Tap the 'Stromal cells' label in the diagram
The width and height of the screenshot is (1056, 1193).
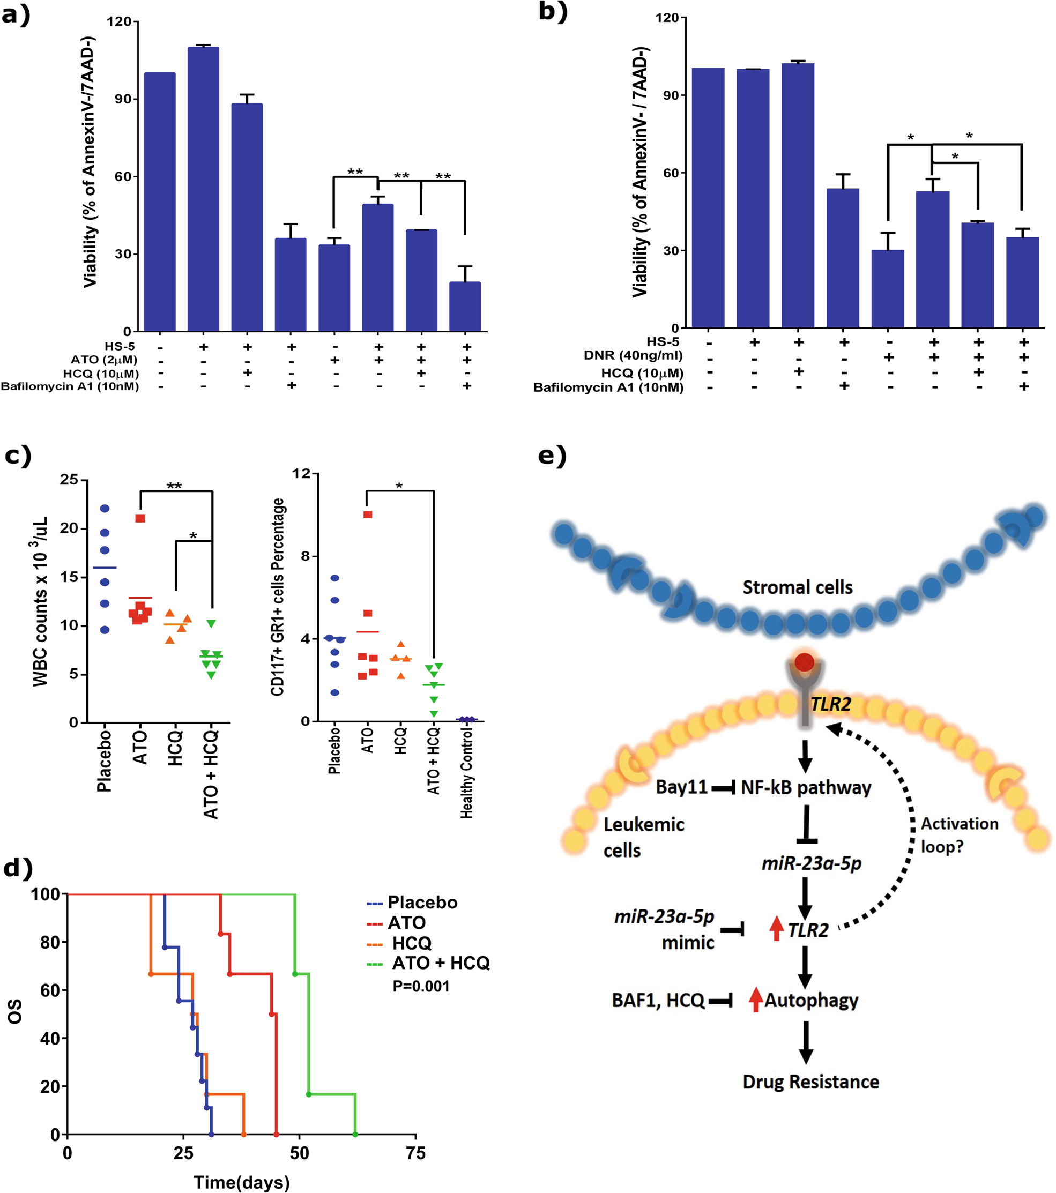(x=798, y=587)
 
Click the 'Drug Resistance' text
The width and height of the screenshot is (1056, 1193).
(x=810, y=1082)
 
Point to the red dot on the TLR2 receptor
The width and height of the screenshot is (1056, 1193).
(x=805, y=662)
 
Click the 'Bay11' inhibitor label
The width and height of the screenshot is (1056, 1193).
(x=681, y=787)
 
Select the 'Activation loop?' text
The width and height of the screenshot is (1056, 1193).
(x=959, y=834)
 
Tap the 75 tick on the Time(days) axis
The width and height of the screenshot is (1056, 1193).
(x=415, y=1153)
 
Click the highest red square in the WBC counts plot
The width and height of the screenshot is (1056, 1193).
(x=140, y=518)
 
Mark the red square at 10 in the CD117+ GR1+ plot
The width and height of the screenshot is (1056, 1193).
(x=368, y=514)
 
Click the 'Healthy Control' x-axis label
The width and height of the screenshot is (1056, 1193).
(x=466, y=773)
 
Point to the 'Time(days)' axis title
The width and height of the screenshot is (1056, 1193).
(x=241, y=1182)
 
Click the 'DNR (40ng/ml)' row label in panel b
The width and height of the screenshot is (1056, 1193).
(x=633, y=355)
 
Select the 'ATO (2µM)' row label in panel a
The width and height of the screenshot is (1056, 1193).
(x=104, y=360)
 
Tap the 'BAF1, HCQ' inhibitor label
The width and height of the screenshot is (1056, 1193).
(x=658, y=1001)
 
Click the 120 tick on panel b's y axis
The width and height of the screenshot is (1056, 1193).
(x=667, y=18)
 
